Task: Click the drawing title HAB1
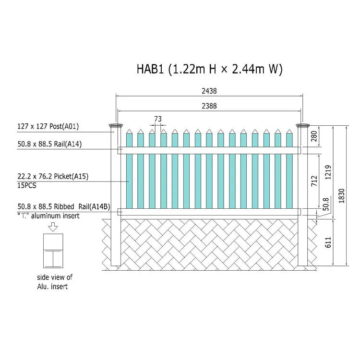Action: pos(150,69)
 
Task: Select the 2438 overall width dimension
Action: pos(209,91)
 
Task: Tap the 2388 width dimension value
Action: pos(209,106)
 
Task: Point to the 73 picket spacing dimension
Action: pos(158,119)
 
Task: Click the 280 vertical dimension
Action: pos(314,136)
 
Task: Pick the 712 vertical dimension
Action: pos(314,181)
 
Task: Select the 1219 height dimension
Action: pos(328,172)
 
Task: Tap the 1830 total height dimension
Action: pos(342,196)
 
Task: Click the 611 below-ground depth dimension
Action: pos(328,242)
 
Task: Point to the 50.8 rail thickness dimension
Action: pos(326,204)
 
